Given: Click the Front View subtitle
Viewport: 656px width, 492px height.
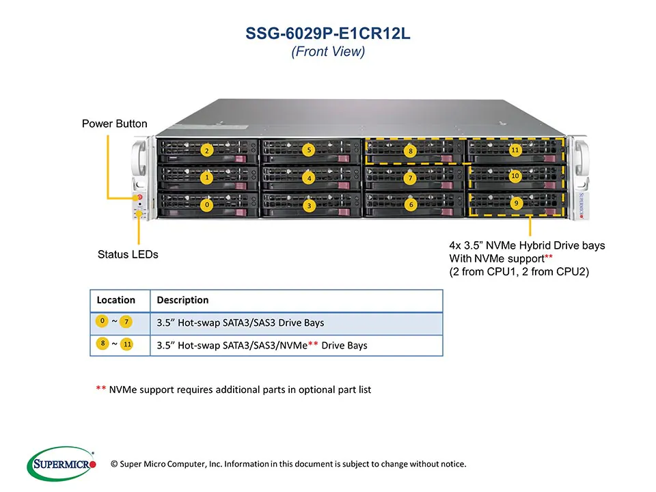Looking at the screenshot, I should click(328, 52).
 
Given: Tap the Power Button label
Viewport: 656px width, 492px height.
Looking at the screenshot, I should click(114, 124).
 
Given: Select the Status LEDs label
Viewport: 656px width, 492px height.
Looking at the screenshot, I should click(128, 254).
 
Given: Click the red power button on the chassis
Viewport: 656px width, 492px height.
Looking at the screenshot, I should click(139, 197).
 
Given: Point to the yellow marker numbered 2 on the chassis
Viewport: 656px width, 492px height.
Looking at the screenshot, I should click(206, 150).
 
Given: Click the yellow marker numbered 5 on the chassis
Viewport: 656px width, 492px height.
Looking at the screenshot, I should click(309, 150).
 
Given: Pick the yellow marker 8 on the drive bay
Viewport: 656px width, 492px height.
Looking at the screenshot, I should click(411, 151).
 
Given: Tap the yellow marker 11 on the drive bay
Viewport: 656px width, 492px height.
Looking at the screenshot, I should click(515, 149).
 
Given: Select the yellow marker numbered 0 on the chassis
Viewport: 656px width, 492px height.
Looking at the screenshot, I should click(206, 204).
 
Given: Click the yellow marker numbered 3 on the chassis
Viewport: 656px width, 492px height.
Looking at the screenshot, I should click(309, 204).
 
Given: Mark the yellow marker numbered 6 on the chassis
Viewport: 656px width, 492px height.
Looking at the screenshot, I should click(410, 204).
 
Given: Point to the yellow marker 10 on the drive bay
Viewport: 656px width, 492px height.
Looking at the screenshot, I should click(515, 176).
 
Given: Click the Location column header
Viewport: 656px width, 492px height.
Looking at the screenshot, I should click(116, 300).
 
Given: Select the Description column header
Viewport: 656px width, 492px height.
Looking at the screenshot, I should click(182, 300).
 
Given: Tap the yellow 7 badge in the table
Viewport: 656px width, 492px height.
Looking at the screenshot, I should click(127, 322).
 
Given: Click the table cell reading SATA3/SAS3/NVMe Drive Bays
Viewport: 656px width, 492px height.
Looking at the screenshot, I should click(262, 345).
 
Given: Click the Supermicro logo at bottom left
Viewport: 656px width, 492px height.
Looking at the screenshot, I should click(61, 465).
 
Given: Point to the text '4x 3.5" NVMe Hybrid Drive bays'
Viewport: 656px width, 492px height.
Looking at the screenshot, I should click(526, 245).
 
